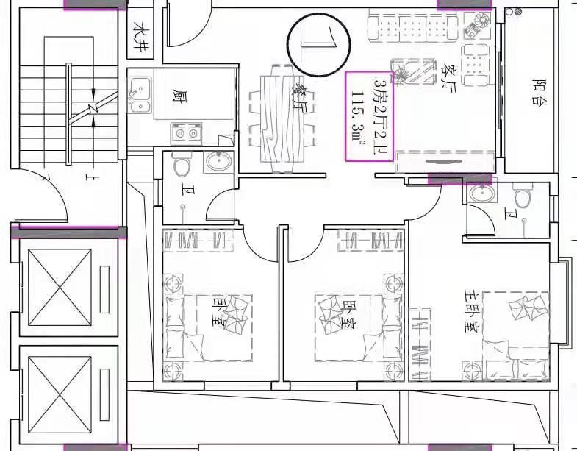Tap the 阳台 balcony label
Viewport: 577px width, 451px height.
click(x=538, y=91)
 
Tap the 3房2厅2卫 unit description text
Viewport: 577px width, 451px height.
click(x=379, y=116)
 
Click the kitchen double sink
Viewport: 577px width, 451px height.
click(x=140, y=95)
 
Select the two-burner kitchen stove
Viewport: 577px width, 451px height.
click(x=187, y=134)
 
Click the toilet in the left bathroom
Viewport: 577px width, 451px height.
click(x=182, y=165)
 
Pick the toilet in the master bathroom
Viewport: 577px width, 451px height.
click(x=522, y=196)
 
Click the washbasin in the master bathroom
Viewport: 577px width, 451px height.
click(x=481, y=193)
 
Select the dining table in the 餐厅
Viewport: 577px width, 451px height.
click(x=282, y=118)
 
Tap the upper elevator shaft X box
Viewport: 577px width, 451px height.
click(x=60, y=288)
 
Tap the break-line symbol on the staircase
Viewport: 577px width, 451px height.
click(x=93, y=107)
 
